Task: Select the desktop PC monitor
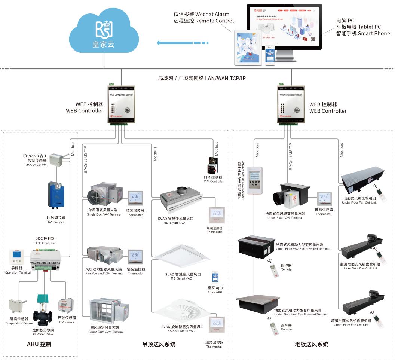point(284,28)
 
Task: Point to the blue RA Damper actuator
point(56,195)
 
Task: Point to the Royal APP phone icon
point(215,278)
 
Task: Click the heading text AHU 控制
point(39,344)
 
